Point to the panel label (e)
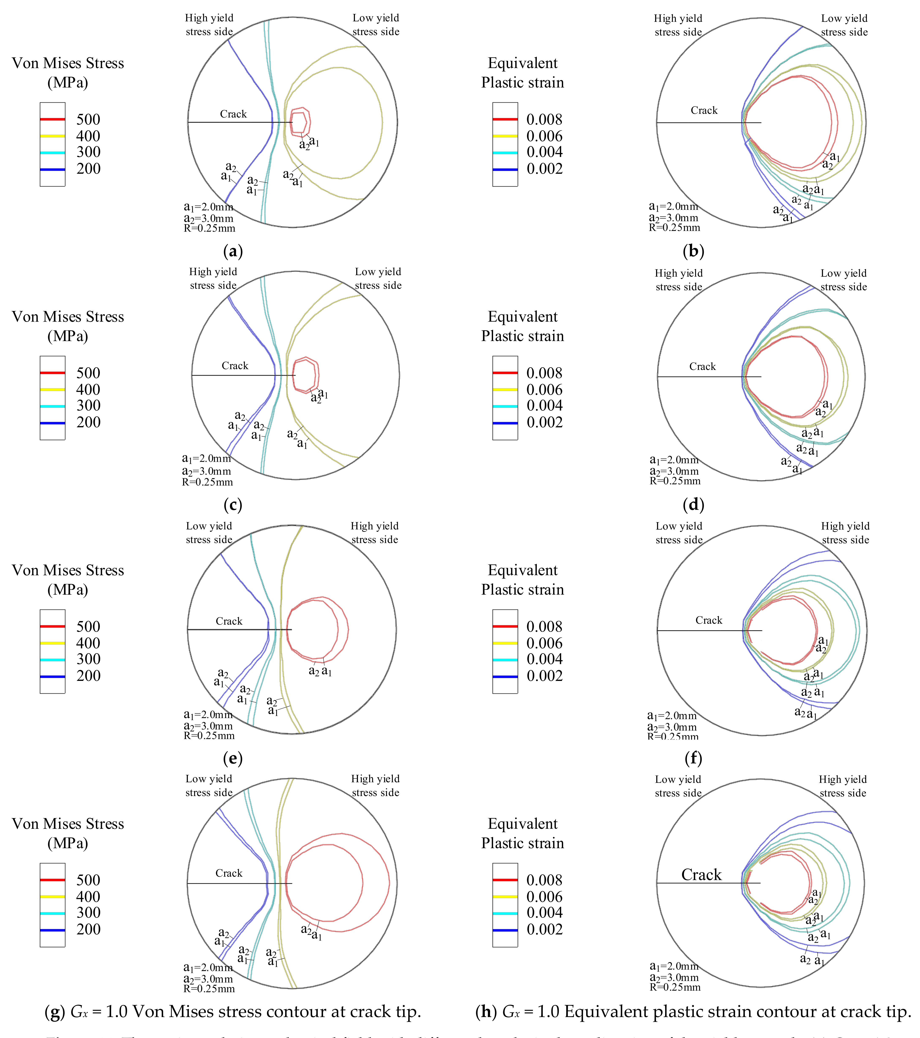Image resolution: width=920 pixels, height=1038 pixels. click(x=233, y=758)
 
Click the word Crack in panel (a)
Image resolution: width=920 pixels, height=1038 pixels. click(x=233, y=114)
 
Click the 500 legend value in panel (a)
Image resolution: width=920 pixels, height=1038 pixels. click(x=88, y=119)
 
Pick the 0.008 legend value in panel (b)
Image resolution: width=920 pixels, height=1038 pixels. click(x=544, y=119)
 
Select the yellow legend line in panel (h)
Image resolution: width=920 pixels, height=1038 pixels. click(x=505, y=896)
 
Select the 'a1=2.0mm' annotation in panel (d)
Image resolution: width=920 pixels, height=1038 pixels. click(x=674, y=460)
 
